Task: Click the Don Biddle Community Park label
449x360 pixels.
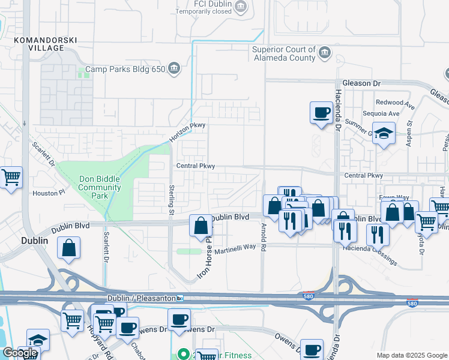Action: coord(100,183)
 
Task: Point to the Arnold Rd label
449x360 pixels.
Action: coord(263,236)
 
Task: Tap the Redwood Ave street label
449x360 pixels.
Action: coord(394,103)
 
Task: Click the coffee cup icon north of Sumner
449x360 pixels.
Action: coord(321,112)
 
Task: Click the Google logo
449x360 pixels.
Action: coord(20,353)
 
